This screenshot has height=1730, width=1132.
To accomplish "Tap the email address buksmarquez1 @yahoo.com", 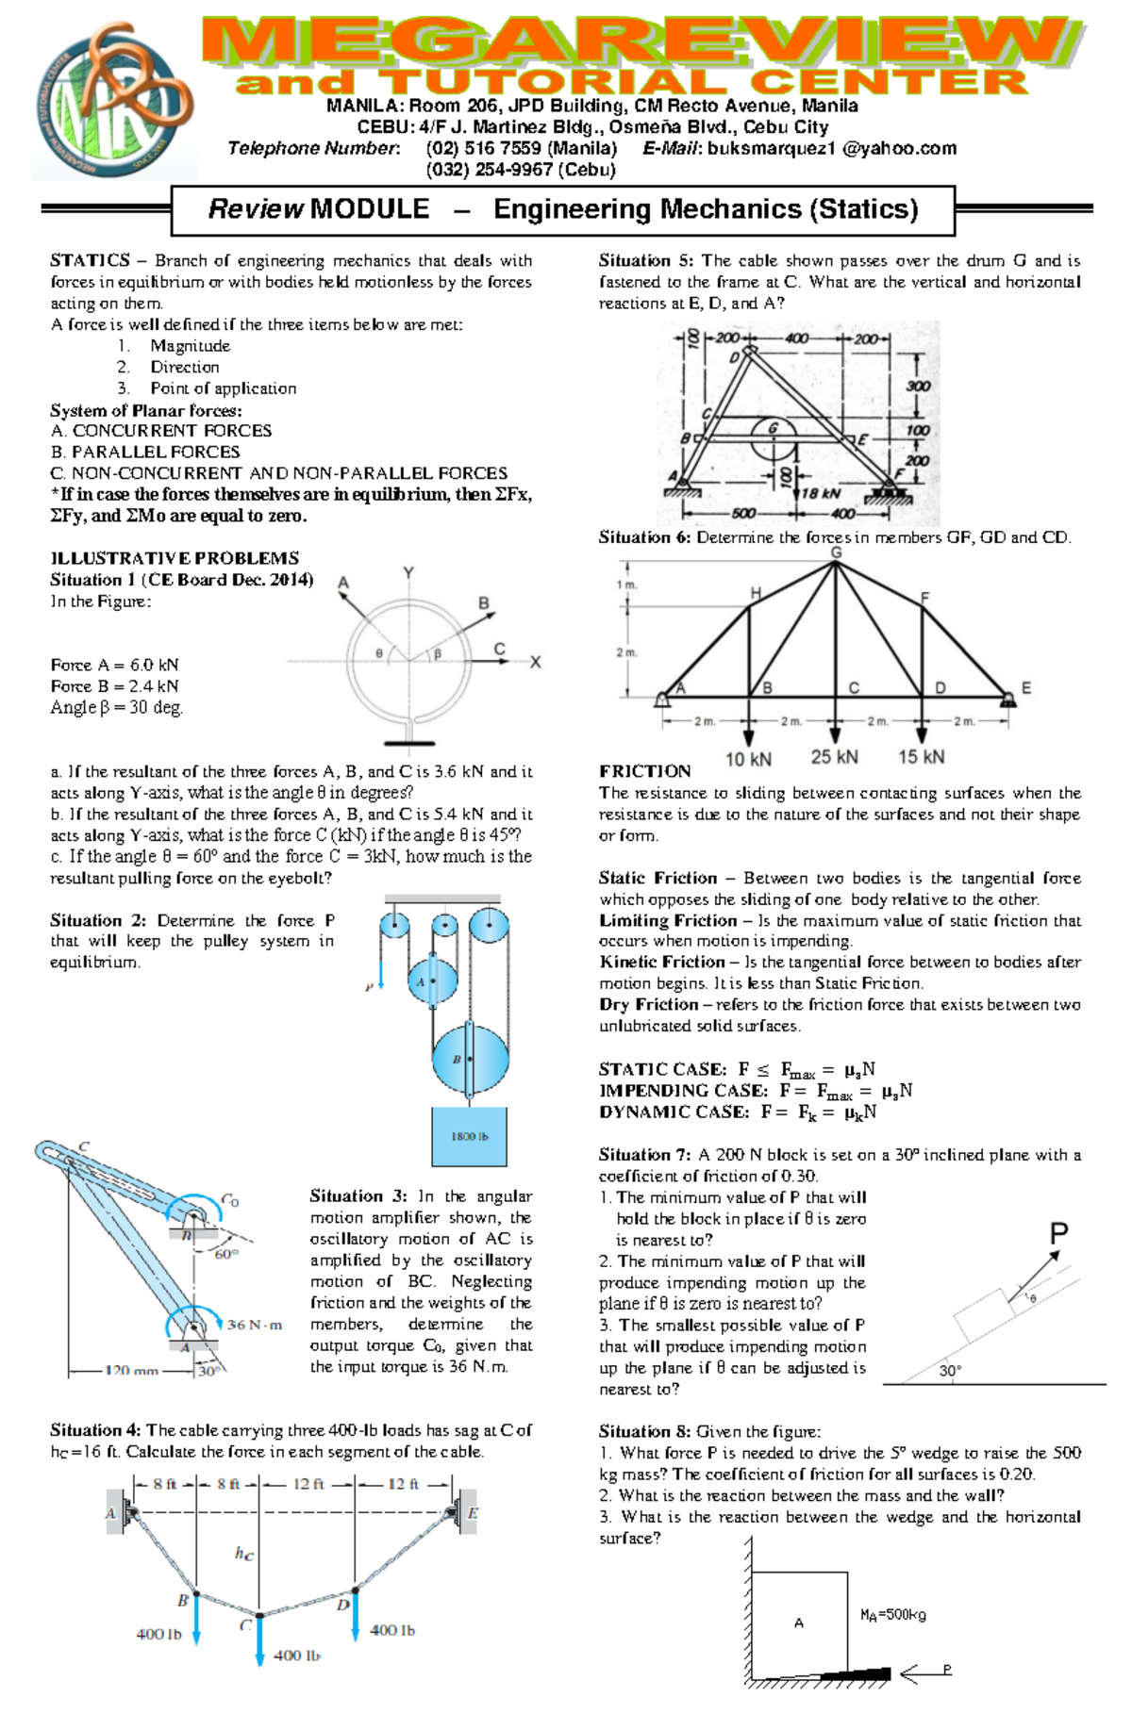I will coord(831,148).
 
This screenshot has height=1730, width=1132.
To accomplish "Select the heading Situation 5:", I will coord(645,260).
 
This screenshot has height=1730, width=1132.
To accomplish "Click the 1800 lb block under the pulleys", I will coord(469,1135).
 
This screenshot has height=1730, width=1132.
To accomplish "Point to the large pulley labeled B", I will coord(469,1060).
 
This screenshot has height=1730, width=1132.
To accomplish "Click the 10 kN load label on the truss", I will coord(748,760).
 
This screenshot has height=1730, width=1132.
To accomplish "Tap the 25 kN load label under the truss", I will coord(834,757).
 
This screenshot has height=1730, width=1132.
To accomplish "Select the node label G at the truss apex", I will coord(836,552).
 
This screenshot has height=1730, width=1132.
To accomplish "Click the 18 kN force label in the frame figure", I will coord(821,493).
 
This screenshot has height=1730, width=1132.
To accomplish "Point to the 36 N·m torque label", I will coord(254,1325).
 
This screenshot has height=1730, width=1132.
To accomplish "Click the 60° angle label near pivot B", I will coord(226,1254).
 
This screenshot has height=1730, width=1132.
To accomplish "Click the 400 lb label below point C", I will coord(296,1656).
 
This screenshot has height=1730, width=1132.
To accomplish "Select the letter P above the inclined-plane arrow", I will coord(1058,1233).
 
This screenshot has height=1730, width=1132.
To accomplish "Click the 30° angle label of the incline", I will coord(950,1371).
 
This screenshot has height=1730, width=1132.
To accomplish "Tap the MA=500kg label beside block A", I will coord(892,1615).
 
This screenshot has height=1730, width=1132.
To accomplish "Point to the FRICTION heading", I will coord(644,771).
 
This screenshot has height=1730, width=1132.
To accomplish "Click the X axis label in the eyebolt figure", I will coord(535,662).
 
